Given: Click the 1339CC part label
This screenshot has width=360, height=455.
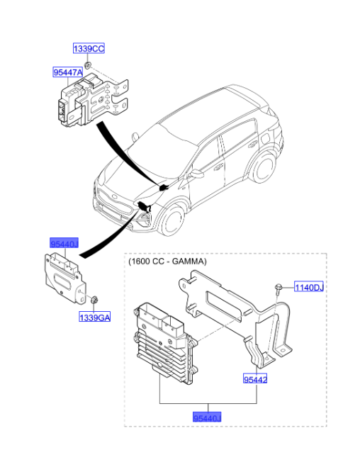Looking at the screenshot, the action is tap(89, 48).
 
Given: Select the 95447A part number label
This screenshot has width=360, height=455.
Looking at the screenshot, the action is tap(68, 72).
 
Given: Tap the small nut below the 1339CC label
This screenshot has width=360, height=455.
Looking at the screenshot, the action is tap(87, 65).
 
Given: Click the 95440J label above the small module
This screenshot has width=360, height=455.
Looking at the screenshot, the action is tap(64, 243).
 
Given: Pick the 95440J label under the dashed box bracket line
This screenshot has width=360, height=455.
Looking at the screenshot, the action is tap(207, 417).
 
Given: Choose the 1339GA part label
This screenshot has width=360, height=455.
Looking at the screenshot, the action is tap(95, 318).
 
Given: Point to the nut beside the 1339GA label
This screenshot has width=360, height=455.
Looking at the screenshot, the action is tap(94, 300).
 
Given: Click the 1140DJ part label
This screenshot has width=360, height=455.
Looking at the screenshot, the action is tap(309, 287).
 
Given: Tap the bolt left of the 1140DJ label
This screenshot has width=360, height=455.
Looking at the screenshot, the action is tap(279, 288).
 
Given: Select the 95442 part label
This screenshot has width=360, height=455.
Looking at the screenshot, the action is tap(255, 378).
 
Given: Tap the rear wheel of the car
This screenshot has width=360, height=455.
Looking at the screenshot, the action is tap(263, 168).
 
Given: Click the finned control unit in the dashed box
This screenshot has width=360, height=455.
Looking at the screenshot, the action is tap(165, 342).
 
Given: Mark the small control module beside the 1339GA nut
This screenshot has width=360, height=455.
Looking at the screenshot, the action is tap(65, 278).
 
